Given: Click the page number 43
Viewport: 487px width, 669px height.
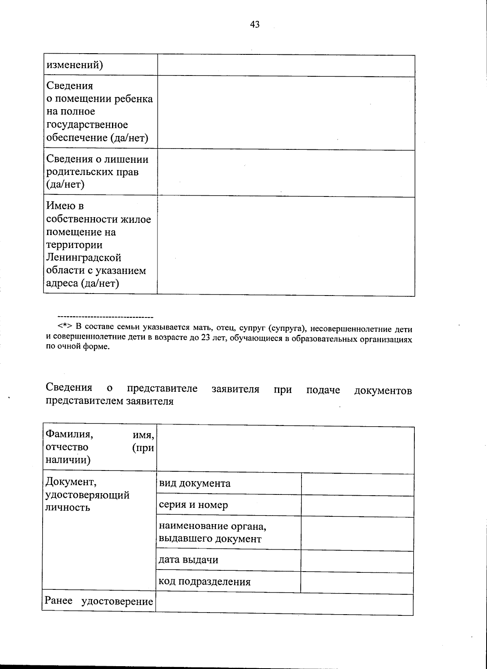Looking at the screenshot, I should click(x=255, y=25).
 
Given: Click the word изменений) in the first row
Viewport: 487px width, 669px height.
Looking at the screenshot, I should click(x=75, y=65).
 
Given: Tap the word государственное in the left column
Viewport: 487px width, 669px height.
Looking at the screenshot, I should click(x=87, y=125).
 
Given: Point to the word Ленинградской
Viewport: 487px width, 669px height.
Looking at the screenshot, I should click(x=84, y=258).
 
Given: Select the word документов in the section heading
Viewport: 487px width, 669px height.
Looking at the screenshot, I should click(x=383, y=391).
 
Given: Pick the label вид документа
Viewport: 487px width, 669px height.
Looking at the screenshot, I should click(x=194, y=483).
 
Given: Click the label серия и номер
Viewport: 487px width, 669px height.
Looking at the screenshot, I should click(x=193, y=505).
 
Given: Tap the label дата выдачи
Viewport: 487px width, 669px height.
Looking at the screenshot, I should click(x=188, y=560).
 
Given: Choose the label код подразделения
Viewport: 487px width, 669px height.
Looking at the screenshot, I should click(x=205, y=582).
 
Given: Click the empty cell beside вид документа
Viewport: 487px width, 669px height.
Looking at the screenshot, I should click(x=357, y=484).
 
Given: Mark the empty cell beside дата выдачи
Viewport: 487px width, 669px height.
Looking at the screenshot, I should click(x=357, y=561).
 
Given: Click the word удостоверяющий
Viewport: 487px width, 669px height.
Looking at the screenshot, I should click(x=88, y=495).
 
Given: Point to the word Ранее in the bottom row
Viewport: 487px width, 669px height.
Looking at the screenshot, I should click(x=58, y=601).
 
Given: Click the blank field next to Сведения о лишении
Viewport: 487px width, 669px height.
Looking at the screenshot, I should click(x=286, y=173).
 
